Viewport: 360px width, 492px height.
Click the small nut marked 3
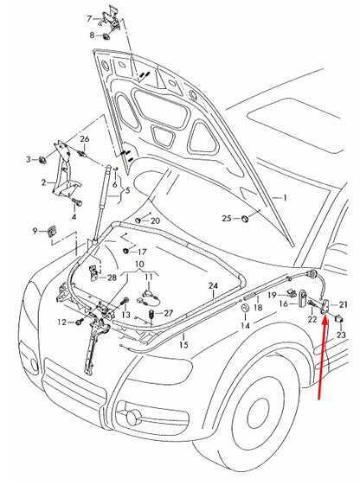point(42,160)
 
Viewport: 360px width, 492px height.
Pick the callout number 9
point(36,231)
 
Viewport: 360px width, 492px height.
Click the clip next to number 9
point(52,231)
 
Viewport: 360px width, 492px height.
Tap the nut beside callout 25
point(246,218)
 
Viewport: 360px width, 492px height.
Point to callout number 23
point(340,335)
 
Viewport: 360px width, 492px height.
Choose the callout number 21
point(343,304)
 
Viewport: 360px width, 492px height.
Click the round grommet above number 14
point(246,308)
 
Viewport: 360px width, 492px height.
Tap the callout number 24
point(213,286)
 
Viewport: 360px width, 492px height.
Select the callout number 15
point(183,345)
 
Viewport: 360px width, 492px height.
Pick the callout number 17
point(143,252)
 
